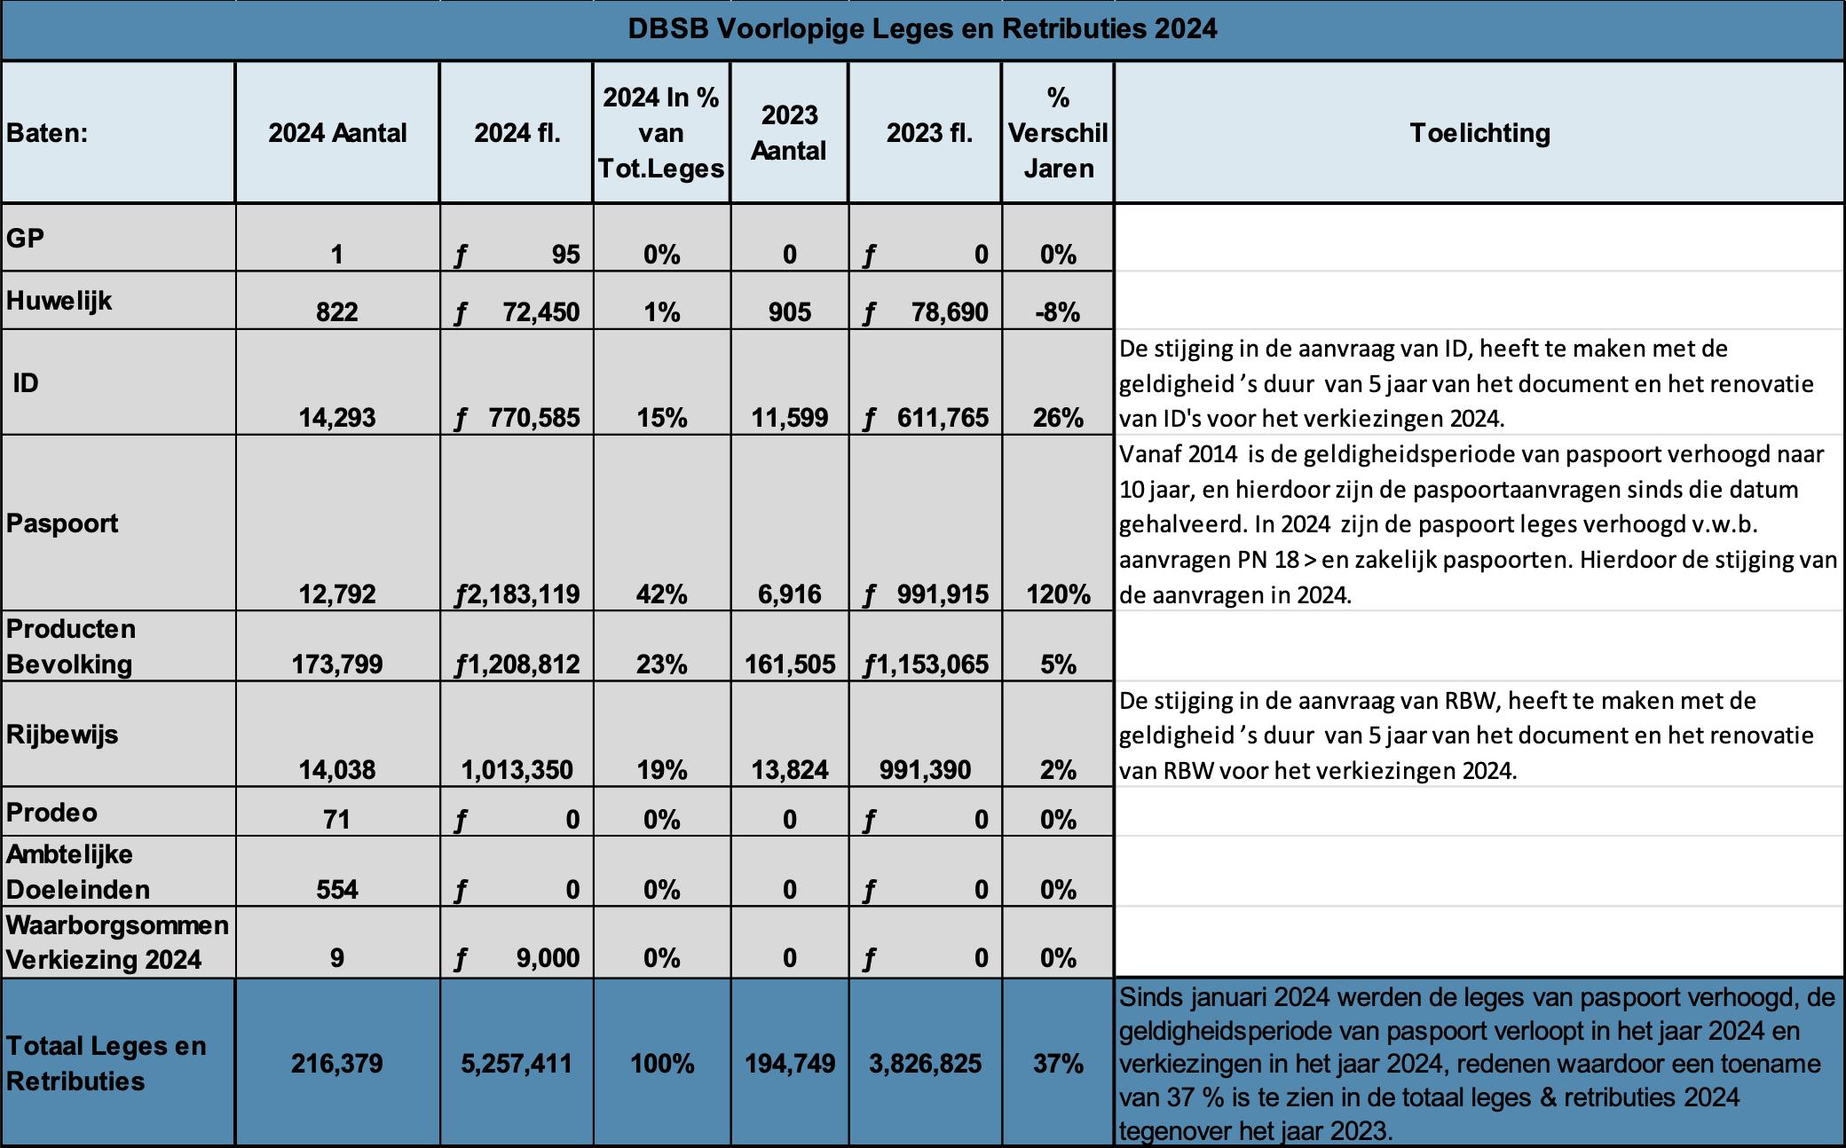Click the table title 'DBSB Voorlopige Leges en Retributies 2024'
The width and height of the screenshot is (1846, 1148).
(x=922, y=29)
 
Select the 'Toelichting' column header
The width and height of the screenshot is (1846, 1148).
(x=1479, y=133)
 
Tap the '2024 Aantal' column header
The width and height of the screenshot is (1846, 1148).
(x=337, y=133)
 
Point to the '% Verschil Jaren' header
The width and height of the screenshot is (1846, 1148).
(x=1058, y=133)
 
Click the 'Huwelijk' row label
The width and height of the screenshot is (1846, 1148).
(x=59, y=301)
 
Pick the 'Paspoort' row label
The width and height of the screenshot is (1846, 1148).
(x=62, y=523)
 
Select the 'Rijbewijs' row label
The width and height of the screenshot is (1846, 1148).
(x=62, y=735)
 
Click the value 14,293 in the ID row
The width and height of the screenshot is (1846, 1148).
(x=337, y=417)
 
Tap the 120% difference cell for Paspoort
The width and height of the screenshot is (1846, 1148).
(x=1058, y=594)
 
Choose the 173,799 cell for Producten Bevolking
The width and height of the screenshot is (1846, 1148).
(x=337, y=664)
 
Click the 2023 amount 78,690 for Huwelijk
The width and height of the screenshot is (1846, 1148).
(x=949, y=312)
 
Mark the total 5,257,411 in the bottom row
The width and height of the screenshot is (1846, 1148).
(x=517, y=1063)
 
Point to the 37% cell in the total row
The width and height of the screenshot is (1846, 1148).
(x=1058, y=1063)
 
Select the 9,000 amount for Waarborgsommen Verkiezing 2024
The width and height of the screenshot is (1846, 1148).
(x=548, y=958)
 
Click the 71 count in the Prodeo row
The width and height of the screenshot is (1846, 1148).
(x=337, y=819)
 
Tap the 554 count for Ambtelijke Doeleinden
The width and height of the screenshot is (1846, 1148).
(x=337, y=889)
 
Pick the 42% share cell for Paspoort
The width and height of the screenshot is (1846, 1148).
(x=662, y=594)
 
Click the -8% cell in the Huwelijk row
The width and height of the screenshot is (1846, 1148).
(x=1058, y=312)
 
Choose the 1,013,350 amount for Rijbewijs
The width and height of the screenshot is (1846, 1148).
(x=517, y=770)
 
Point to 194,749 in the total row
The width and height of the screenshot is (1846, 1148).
(x=790, y=1063)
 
